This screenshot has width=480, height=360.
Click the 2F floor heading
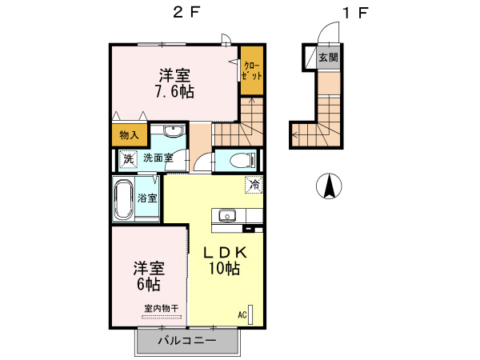tap(185, 13)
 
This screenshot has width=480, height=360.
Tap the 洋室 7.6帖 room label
tap(174, 84)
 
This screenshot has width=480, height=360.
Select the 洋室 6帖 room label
tap(149, 275)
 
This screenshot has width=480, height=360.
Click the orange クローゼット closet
tap(252, 71)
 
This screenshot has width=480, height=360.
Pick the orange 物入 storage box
tap(127, 135)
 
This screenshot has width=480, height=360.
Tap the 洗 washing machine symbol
tap(128, 158)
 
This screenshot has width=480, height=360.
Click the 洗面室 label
tap(158, 158)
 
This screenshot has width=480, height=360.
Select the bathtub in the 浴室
tap(123, 200)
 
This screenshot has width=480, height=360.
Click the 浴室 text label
tap(147, 198)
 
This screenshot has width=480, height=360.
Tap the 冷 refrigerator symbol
tap(254, 185)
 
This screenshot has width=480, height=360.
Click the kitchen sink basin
tap(226, 215)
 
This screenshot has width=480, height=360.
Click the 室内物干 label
tap(161, 308)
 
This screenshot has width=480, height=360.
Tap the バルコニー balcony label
tap(186, 341)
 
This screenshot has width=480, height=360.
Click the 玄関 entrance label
tap(328, 58)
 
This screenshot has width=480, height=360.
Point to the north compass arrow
tap(328, 186)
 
